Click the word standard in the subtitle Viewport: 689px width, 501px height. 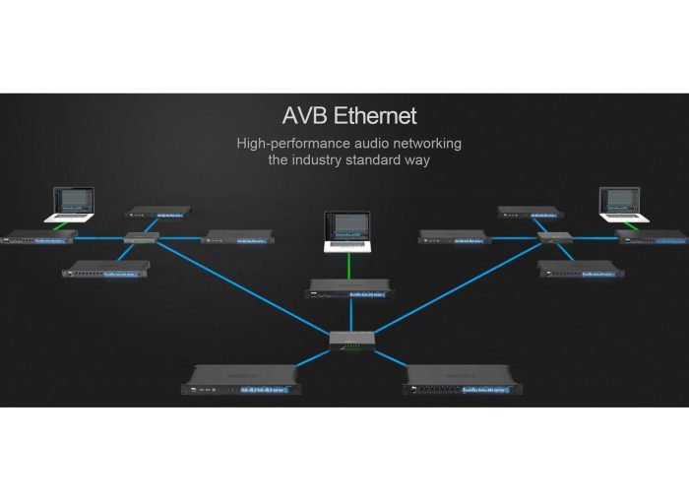[x=390, y=159]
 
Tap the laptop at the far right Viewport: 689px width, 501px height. [x=622, y=204]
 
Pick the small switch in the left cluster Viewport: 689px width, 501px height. [x=140, y=237]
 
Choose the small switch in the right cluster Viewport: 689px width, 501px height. [x=554, y=238]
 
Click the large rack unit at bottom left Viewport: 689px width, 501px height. [x=239, y=379]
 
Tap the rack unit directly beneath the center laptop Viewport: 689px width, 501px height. [x=349, y=287]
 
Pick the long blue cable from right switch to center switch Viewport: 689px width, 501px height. [x=453, y=289]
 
